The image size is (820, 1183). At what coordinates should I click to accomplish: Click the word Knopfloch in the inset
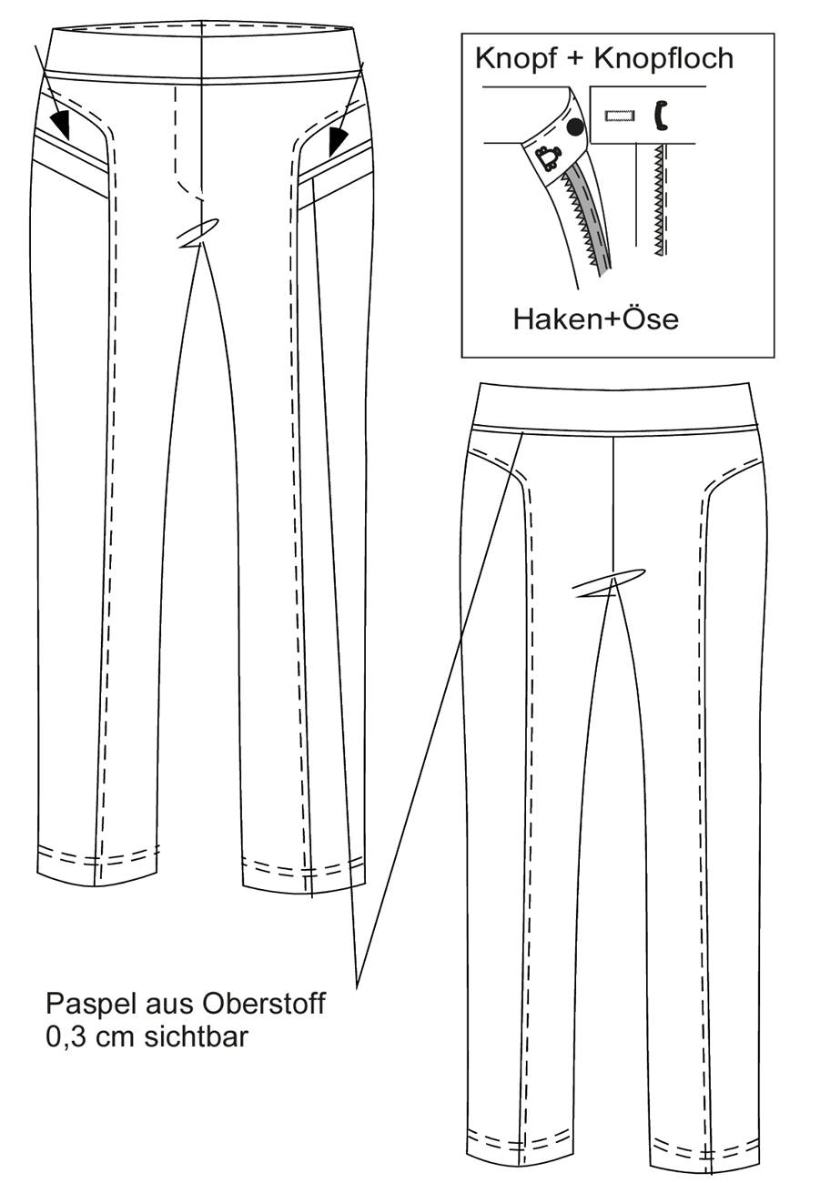tap(663, 58)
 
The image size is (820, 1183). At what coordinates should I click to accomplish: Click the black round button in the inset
tap(575, 126)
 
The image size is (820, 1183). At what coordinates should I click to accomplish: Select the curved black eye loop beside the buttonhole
tap(659, 116)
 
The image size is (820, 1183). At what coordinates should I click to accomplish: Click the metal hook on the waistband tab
tap(546, 158)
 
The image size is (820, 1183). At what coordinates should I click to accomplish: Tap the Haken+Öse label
tap(595, 319)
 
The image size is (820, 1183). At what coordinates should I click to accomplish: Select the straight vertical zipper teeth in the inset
tap(659, 200)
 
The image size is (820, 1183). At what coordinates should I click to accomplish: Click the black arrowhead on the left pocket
tap(61, 124)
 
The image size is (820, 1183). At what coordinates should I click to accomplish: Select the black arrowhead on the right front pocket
tap(337, 140)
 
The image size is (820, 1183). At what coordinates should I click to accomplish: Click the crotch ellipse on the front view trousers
tap(197, 233)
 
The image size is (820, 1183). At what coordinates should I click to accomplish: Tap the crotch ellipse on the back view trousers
tap(609, 582)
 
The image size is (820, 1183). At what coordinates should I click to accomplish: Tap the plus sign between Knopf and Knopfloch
tap(575, 59)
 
